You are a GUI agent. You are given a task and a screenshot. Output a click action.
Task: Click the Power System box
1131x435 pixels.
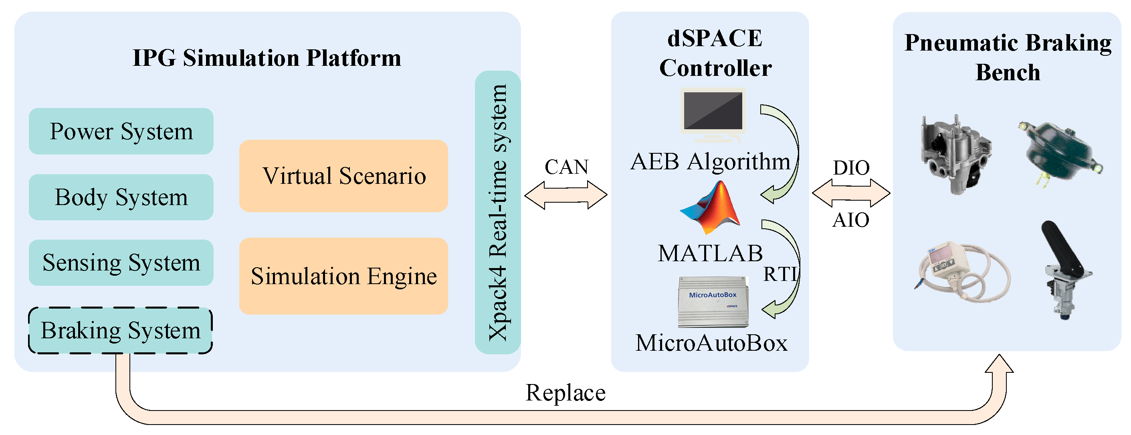121,131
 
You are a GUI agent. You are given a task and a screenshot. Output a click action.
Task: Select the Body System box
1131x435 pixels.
121,197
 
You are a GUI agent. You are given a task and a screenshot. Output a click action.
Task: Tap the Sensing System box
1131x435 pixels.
121,263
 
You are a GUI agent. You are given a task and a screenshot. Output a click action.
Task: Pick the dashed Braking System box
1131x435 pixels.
121,330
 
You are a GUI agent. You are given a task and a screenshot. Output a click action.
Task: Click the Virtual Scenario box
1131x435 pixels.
343,176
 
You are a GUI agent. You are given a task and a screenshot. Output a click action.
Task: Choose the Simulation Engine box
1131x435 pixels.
343,276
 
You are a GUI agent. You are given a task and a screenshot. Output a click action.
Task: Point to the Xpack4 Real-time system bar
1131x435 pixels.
497,212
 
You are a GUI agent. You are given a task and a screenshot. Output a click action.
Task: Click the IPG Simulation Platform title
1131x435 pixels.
267,58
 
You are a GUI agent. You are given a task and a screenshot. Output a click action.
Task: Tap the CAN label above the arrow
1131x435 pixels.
566,167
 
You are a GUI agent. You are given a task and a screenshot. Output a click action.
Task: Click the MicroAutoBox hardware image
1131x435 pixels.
713,302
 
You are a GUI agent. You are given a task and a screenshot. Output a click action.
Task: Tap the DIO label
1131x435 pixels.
851,168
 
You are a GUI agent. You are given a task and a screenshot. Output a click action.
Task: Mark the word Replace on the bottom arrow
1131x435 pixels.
565,392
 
